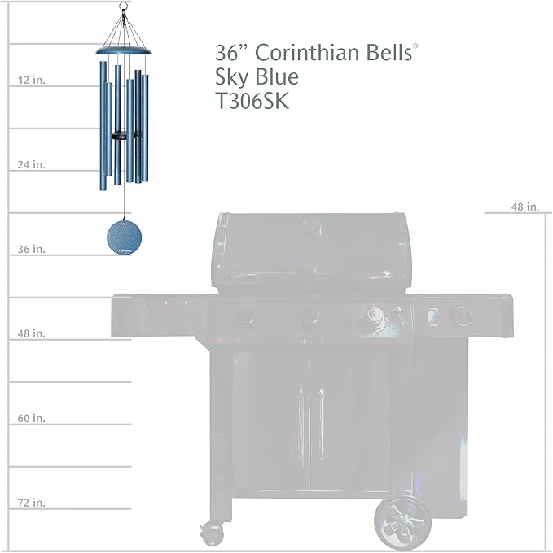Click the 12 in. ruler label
click(31, 80)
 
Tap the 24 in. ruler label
click(31, 164)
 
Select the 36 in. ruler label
click(31, 249)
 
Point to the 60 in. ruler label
click(31, 418)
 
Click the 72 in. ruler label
click(31, 503)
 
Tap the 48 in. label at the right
click(525, 207)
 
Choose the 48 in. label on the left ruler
click(31, 333)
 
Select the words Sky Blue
click(257, 78)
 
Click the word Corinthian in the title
click(305, 53)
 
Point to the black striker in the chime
click(122, 133)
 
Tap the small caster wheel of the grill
click(213, 533)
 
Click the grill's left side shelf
click(159, 313)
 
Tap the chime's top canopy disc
click(124, 51)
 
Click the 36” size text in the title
click(232, 53)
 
